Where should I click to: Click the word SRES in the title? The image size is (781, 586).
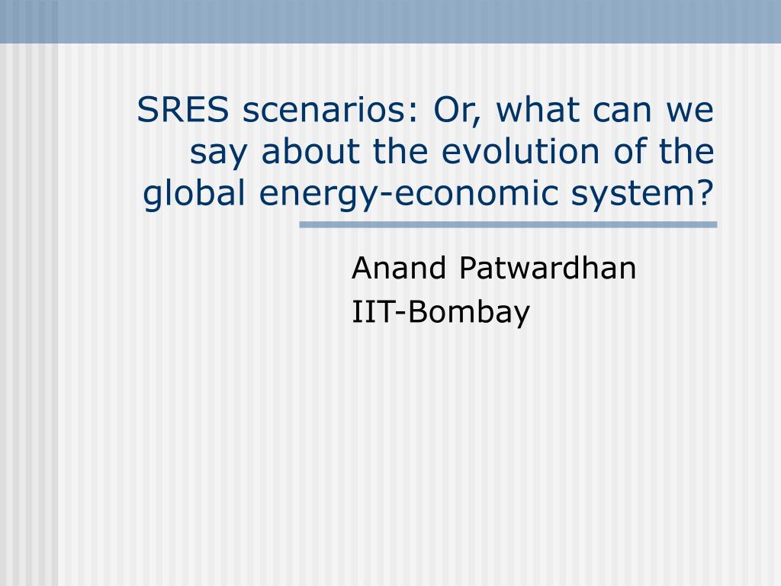(182, 110)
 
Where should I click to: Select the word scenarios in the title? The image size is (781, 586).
(328, 110)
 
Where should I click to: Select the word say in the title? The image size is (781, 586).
(218, 154)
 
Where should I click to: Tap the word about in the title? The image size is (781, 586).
(310, 150)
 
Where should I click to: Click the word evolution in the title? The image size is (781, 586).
(519, 150)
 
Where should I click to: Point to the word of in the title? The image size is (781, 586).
(629, 150)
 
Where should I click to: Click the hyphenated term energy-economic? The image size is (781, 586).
(409, 195)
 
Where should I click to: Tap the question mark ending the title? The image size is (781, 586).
(706, 192)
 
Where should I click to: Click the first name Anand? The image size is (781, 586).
(398, 268)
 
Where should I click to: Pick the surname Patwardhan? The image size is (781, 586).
(548, 268)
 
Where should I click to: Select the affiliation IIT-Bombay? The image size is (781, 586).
(441, 313)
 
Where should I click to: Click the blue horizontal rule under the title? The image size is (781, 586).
(508, 225)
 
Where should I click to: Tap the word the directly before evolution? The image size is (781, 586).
(400, 150)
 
